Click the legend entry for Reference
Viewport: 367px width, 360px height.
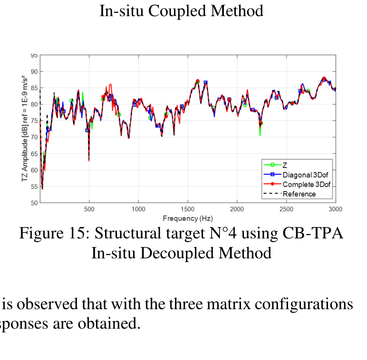click(299, 194)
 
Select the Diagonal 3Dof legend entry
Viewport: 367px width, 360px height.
click(305, 175)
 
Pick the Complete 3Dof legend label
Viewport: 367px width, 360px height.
click(306, 184)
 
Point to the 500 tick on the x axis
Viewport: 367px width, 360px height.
click(89, 209)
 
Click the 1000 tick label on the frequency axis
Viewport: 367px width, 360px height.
click(138, 209)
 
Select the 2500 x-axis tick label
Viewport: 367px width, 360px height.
click(286, 209)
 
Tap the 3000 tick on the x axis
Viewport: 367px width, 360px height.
click(335, 209)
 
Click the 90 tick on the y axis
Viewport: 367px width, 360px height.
click(34, 72)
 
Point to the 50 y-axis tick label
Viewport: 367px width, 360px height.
click(34, 203)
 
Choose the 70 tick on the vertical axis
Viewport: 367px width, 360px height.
click(34, 137)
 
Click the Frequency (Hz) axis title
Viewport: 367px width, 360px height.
click(187, 218)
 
